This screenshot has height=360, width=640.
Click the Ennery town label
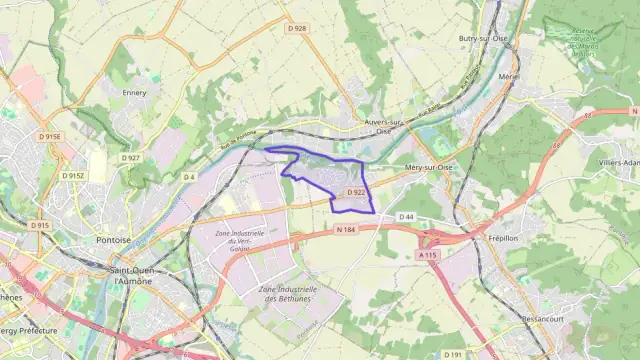pyautogui.click(x=134, y=93)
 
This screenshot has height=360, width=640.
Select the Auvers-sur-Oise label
pyautogui.click(x=383, y=126)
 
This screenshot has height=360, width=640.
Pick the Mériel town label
pyautogui.click(x=509, y=75)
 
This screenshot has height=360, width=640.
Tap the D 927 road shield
pyautogui.click(x=130, y=157)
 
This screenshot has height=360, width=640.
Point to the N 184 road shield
pyautogui.click(x=347, y=230)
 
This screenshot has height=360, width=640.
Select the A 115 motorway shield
pyautogui.click(x=428, y=255)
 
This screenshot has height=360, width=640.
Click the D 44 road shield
pyautogui.click(x=406, y=216)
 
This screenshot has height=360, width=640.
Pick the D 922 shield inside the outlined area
pyautogui.click(x=356, y=192)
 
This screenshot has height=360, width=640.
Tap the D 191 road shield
pyautogui.click(x=453, y=353)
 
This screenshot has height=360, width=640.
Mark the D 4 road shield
pyautogui.click(x=189, y=176)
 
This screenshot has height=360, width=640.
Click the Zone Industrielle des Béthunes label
pyautogui.click(x=285, y=293)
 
